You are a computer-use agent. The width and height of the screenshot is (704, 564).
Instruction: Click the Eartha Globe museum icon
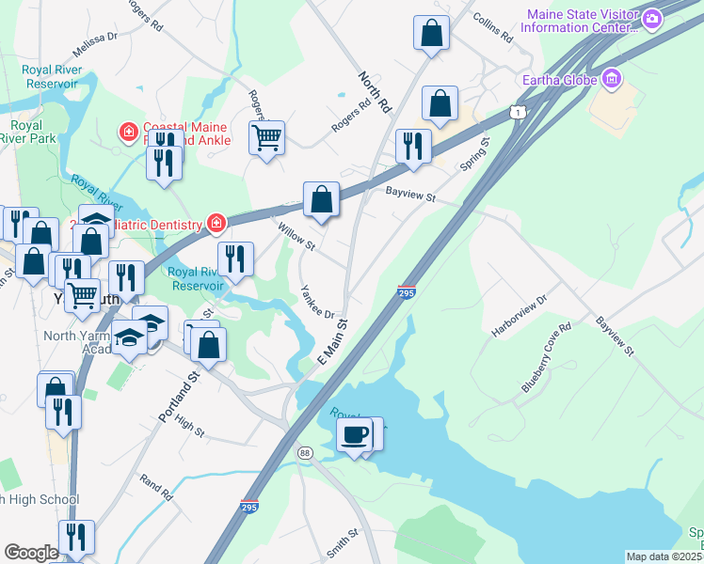point(613,79)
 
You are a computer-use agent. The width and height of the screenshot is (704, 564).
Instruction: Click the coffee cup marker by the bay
point(355,435)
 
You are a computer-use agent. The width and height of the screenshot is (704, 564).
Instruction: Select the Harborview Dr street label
point(519,318)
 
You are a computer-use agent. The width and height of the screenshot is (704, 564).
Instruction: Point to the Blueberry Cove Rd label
point(547,359)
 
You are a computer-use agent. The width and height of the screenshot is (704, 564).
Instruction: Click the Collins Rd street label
point(492,29)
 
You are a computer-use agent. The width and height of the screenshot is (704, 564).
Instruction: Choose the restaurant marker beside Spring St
point(413,147)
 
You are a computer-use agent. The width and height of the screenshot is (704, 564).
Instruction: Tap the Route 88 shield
point(304,453)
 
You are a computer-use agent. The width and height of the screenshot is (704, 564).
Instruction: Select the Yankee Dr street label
point(317,301)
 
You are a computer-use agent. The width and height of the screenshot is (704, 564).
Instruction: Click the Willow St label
point(296,235)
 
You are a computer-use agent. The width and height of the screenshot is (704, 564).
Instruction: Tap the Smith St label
point(344,542)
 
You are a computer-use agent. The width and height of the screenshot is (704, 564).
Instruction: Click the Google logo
point(31,553)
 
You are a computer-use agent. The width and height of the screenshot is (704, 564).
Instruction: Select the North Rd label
point(373,91)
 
